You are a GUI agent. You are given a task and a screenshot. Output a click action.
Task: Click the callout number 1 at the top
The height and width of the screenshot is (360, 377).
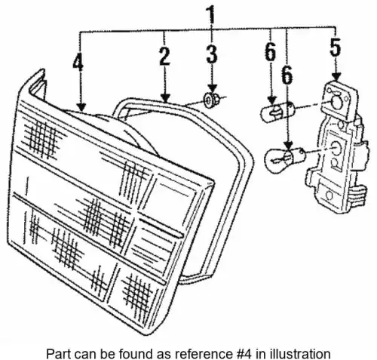[x=210, y=14]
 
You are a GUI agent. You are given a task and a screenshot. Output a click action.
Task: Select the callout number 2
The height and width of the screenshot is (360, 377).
[x=164, y=55]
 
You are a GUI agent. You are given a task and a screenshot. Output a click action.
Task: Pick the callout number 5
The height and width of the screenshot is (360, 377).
[x=336, y=47]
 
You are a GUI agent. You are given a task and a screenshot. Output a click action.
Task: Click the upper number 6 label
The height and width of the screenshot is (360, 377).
[x=271, y=52]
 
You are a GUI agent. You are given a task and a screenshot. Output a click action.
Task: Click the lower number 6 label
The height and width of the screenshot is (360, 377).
[x=287, y=75]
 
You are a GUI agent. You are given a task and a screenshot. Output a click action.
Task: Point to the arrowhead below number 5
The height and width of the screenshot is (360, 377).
[x=336, y=76]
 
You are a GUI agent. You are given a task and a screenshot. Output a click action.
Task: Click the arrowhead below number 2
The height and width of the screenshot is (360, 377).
[x=165, y=97]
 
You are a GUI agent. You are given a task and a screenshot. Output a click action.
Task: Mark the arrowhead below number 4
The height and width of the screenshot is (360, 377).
[x=81, y=106]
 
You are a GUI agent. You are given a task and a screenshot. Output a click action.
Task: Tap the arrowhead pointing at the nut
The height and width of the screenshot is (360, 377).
[x=213, y=88]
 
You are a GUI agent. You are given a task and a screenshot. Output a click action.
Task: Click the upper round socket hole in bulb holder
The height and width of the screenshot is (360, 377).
[x=336, y=101]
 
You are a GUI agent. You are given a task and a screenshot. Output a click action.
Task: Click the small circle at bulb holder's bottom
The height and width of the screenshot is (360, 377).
[x=329, y=195]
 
